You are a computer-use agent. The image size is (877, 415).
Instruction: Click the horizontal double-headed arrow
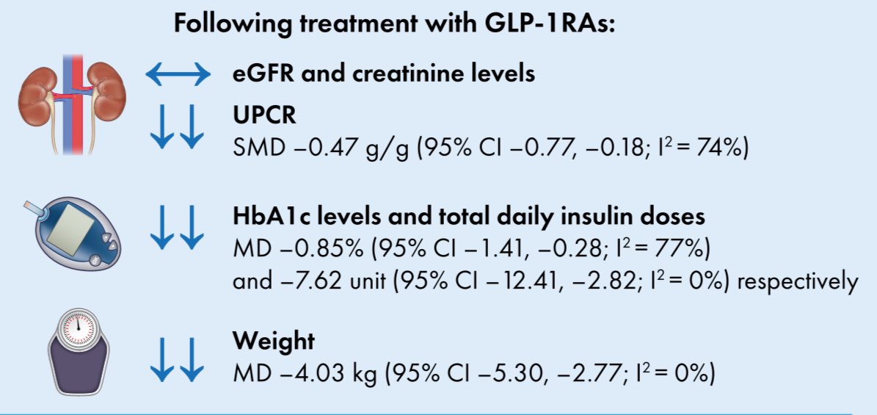pos(178,74)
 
